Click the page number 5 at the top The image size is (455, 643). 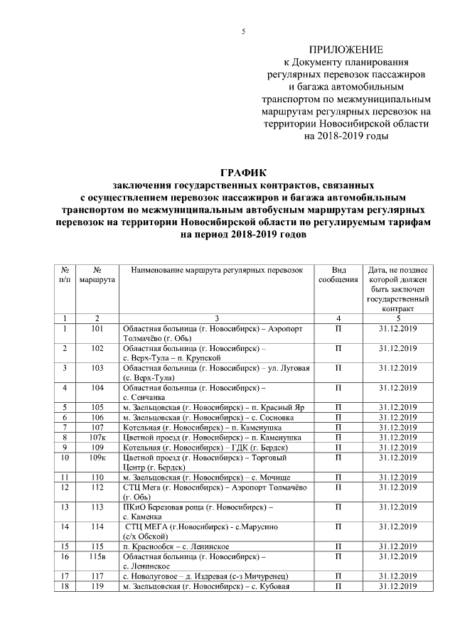[x=244, y=32]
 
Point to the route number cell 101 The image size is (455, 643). [x=97, y=328]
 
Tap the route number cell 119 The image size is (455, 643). [x=97, y=586]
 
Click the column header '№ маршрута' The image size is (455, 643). [x=97, y=276]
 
